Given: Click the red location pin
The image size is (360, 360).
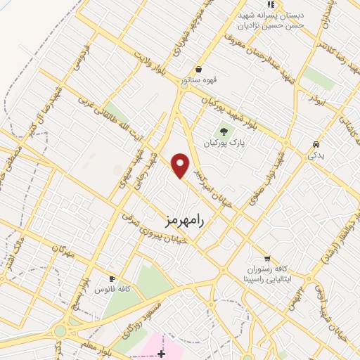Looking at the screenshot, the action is click(x=181, y=165).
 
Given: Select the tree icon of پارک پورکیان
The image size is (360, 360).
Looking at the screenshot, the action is click(x=224, y=130).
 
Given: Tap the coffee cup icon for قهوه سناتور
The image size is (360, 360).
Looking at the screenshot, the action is click(x=200, y=69).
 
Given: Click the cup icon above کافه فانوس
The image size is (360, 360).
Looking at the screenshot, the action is click(x=111, y=278).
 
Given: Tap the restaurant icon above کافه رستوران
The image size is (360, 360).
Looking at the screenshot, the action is click(x=266, y=258).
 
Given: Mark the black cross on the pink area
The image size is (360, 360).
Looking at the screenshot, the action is click(x=162, y=352).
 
